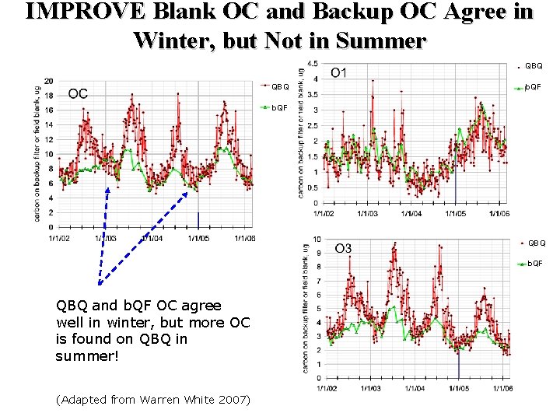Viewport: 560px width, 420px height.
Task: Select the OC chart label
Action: pos(78,94)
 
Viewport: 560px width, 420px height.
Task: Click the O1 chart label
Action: pos(339,73)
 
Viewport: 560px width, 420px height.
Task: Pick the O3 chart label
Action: pos(343,248)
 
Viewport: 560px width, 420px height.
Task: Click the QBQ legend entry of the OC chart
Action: pos(279,86)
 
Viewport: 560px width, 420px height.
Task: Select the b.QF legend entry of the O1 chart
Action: pos(534,87)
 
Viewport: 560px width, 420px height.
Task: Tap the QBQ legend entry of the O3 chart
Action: pos(536,243)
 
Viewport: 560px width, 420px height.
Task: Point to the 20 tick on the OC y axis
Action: pos(49,81)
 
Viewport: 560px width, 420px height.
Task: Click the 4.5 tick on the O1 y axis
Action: pos(312,64)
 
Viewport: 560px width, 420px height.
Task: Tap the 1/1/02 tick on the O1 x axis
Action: pos(324,213)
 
